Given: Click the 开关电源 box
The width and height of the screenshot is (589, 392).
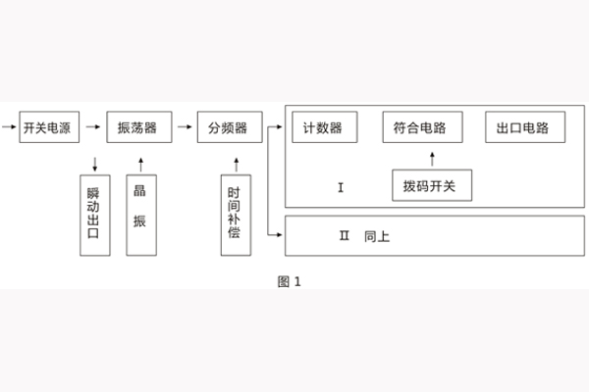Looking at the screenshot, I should (x=47, y=128).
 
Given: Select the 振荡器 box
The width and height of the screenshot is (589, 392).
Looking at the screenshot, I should (x=138, y=128).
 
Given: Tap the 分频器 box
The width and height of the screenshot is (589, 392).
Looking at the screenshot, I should (x=228, y=128).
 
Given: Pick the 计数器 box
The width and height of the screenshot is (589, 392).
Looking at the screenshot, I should (x=323, y=128).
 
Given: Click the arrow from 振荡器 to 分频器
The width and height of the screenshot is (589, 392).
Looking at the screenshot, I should (x=183, y=127).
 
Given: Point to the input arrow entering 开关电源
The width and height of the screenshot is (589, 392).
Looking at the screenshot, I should (x=10, y=127).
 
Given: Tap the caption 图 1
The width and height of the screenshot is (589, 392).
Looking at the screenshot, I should (x=290, y=281).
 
